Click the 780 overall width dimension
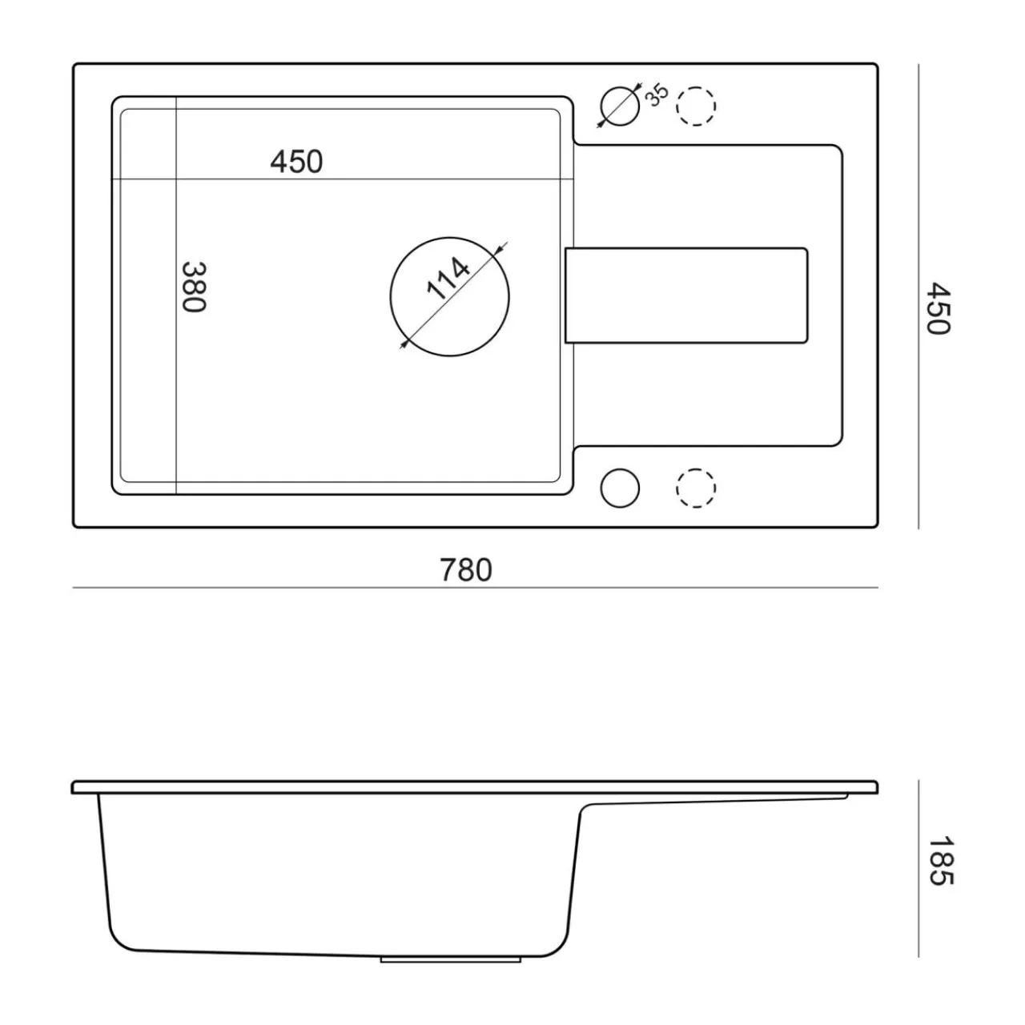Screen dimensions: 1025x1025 coord(465,570)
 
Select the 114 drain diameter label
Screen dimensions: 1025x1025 coord(448,279)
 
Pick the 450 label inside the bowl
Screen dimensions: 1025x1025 coord(296,162)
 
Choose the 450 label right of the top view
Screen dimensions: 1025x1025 coord(939,308)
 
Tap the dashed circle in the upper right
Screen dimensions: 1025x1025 coord(696,107)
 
